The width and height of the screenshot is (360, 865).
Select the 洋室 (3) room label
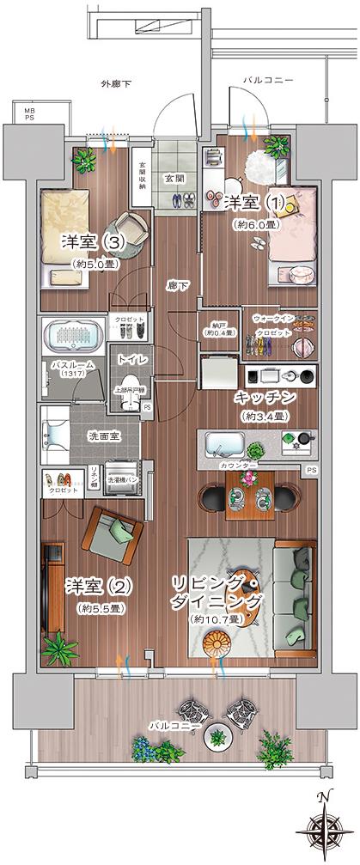tap(94, 243)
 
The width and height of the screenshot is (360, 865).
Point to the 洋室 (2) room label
tap(98, 588)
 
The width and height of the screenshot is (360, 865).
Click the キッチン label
tap(265, 398)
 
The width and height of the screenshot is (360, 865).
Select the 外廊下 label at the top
tap(115, 84)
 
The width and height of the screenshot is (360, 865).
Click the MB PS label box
tap(28, 114)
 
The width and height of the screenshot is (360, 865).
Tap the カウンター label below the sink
tap(238, 465)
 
